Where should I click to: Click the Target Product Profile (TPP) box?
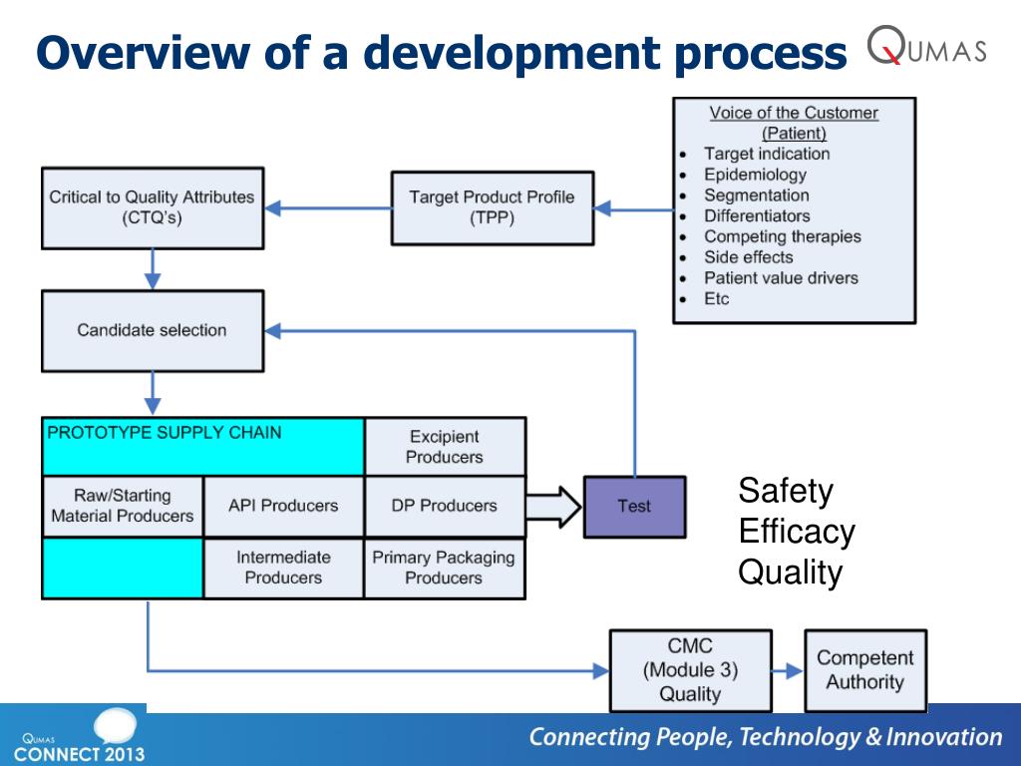tap(492, 207)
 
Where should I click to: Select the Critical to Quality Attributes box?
tap(152, 207)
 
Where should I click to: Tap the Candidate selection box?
tap(152, 330)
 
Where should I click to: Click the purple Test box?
tap(634, 506)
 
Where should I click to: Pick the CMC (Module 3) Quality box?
tap(690, 670)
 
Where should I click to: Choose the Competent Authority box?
tap(864, 670)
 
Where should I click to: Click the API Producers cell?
tap(283, 506)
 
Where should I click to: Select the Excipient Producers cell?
tap(445, 447)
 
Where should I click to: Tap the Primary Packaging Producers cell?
tap(445, 568)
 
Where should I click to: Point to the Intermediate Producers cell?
tap(283, 568)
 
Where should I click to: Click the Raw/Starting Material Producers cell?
tap(122, 506)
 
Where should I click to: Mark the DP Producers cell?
tap(445, 506)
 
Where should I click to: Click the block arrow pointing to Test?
tap(553, 506)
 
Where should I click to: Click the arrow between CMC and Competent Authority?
tap(788, 671)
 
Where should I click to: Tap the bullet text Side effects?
tap(748, 257)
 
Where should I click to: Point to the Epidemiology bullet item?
tap(755, 175)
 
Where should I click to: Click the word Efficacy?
tap(797, 532)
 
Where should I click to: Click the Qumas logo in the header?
tap(926, 47)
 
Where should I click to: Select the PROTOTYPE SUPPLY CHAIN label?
tap(165, 433)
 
